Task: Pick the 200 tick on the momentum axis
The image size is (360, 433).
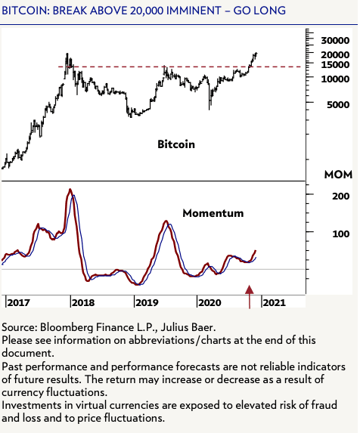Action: tap(329, 195)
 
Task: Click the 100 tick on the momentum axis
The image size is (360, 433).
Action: tap(329, 233)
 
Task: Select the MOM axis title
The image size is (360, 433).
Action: tap(338, 175)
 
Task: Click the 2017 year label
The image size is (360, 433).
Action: tap(18, 302)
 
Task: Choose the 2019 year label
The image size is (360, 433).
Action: tap(147, 302)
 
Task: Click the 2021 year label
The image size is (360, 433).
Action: tap(274, 302)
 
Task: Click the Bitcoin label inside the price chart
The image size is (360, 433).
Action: tap(176, 144)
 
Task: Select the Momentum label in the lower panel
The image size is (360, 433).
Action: tap(213, 213)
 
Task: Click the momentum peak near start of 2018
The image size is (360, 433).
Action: tap(70, 190)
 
